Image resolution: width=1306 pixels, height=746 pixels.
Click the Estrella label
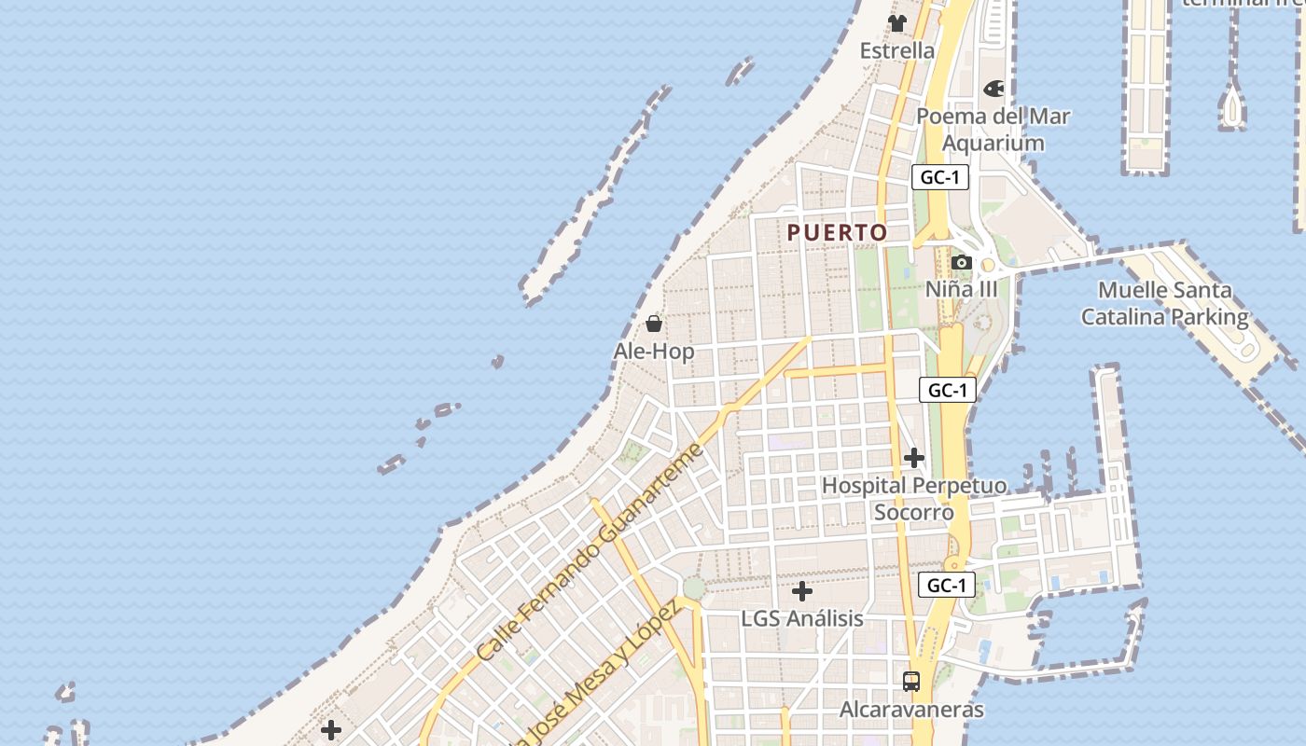coord(897,50)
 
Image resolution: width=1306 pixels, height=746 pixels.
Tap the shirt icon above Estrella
coord(897,23)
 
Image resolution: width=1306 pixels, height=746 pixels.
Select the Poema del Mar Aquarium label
coord(993,130)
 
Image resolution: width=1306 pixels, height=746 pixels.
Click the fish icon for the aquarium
coord(993,89)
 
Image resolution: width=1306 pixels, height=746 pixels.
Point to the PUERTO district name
coord(837,232)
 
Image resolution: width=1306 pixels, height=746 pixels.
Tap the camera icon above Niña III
coord(962,263)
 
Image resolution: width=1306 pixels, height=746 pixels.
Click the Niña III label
coord(961,289)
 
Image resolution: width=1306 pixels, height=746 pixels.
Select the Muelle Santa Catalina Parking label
coord(1164,303)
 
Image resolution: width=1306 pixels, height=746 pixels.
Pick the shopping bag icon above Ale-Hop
coord(654,324)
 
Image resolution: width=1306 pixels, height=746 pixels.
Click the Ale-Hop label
coord(654,352)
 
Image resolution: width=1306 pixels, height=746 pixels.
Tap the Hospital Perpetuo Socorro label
coord(914,499)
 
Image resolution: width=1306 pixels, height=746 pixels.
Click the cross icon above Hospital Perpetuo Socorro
coord(914,458)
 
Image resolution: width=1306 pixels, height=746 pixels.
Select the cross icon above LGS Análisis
coord(801,591)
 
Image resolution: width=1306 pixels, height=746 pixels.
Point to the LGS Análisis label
coord(801,618)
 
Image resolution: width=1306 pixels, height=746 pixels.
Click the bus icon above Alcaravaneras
coord(911,682)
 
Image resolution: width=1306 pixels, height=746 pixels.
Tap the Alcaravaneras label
coord(911,710)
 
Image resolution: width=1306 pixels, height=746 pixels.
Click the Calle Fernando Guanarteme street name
coord(589,552)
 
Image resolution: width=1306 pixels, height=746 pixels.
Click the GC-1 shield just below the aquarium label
coord(939,177)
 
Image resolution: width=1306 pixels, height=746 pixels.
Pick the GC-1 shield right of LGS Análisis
coord(947,586)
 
